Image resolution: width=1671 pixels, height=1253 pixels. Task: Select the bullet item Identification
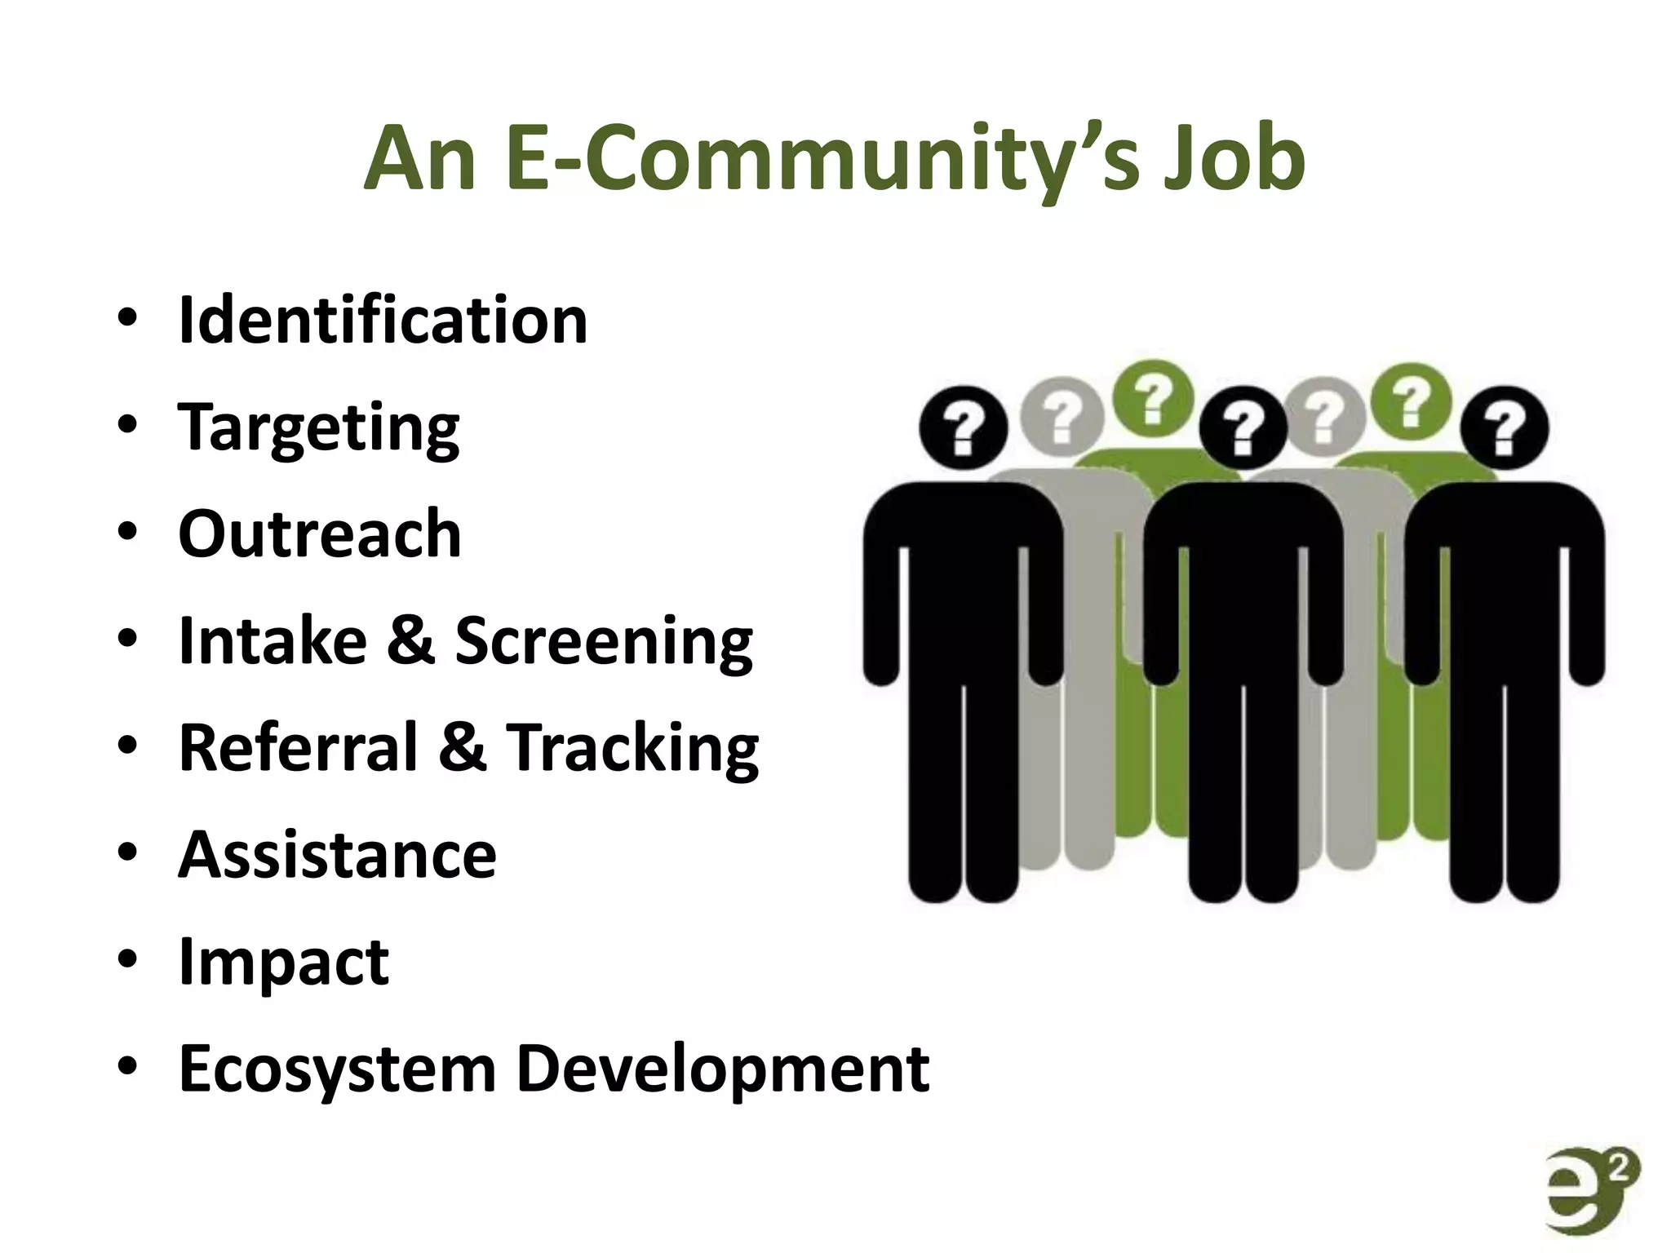(383, 320)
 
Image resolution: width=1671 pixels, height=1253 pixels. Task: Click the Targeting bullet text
(319, 427)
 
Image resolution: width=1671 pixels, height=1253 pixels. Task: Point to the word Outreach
(320, 534)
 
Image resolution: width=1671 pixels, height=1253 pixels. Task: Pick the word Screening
(604, 642)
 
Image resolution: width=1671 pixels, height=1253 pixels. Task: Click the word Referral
(298, 747)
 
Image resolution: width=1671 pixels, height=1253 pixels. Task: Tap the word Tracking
(633, 749)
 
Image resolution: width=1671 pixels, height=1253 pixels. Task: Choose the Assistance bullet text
(337, 855)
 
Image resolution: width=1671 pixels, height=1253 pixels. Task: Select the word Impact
(284, 963)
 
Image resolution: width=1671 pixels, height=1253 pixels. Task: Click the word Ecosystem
(337, 1069)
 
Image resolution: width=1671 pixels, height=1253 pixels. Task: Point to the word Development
(723, 1069)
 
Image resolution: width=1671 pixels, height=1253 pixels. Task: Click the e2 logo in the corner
(1592, 1190)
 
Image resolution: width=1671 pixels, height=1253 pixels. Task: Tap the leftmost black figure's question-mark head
(964, 427)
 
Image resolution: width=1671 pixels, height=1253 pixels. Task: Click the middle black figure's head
(1242, 427)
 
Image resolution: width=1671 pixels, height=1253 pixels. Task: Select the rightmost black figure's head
(1504, 427)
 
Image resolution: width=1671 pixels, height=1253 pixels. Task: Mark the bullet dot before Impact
(127, 959)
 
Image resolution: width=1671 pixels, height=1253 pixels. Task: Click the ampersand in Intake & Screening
(410, 641)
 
